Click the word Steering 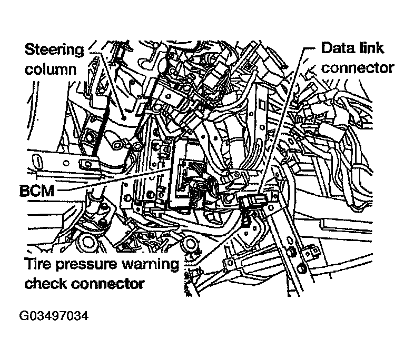54,50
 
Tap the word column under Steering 51,69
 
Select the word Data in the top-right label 336,48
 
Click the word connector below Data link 358,68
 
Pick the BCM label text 37,191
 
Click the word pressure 86,265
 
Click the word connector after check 108,284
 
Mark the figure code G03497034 54,315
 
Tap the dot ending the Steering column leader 123,117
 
